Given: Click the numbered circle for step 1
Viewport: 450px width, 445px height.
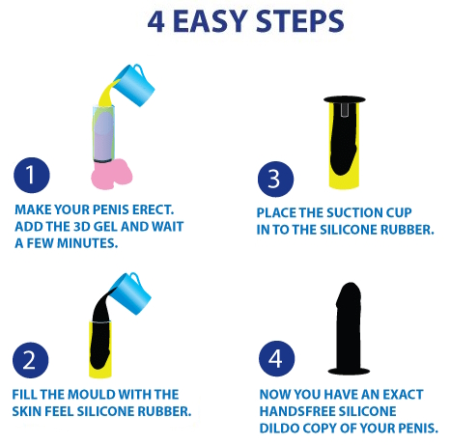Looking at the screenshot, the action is pyautogui.click(x=32, y=176).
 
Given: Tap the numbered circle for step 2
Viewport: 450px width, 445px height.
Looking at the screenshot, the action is pyautogui.click(x=31, y=360).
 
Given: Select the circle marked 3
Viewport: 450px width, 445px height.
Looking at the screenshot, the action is pyautogui.click(x=275, y=180).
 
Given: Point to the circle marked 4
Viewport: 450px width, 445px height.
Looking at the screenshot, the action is pyautogui.click(x=276, y=358).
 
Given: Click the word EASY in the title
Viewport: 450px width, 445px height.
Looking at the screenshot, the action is pyautogui.click(x=211, y=21).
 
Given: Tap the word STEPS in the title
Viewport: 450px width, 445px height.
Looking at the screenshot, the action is pyautogui.click(x=299, y=21).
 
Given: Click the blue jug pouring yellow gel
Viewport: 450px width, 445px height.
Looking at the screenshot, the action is pyautogui.click(x=135, y=85).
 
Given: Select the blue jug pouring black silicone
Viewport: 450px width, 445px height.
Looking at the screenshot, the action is pyautogui.click(x=131, y=293).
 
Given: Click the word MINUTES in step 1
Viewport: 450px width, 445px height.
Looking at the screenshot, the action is pyautogui.click(x=87, y=243).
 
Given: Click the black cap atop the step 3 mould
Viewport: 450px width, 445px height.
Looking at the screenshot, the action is pyautogui.click(x=345, y=99).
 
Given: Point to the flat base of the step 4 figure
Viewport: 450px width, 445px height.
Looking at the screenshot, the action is pyautogui.click(x=349, y=371).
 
